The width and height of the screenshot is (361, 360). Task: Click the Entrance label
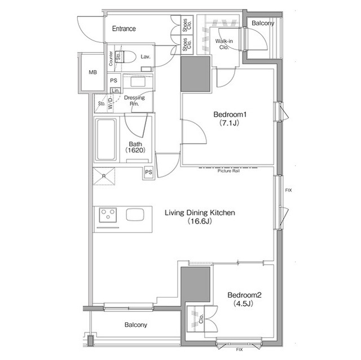pyautogui.click(x=124, y=29)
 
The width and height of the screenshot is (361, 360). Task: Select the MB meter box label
pyautogui.click(x=93, y=73)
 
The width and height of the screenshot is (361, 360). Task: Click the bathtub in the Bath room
pyautogui.click(x=106, y=140)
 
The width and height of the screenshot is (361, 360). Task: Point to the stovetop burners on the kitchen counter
pyautogui.click(x=108, y=215)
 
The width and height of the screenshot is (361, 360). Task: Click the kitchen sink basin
pyautogui.click(x=135, y=215)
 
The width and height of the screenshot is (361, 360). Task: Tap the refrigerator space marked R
pyautogui.click(x=104, y=176)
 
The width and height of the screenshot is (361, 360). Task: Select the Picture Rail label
pyautogui.click(x=228, y=171)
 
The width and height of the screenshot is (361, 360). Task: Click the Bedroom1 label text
pyautogui.click(x=230, y=114)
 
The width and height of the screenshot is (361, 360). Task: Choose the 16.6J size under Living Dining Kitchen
pyautogui.click(x=200, y=221)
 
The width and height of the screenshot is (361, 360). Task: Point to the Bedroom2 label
pyautogui.click(x=244, y=295)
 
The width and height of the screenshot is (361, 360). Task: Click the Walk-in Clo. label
pyautogui.click(x=224, y=44)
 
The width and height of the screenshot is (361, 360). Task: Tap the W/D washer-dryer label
pyautogui.click(x=111, y=103)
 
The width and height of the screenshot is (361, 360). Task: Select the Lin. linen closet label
pyautogui.click(x=115, y=91)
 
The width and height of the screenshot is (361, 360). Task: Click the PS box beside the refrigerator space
pyautogui.click(x=149, y=172)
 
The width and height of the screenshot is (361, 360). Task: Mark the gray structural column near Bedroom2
pyautogui.click(x=196, y=285)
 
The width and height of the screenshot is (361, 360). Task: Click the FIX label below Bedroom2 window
pyautogui.click(x=239, y=350)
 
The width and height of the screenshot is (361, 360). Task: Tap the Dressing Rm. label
pyautogui.click(x=134, y=101)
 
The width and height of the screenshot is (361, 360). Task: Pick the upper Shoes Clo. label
pyautogui.click(x=187, y=25)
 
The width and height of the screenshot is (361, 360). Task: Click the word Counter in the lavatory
pyautogui.click(x=111, y=59)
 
